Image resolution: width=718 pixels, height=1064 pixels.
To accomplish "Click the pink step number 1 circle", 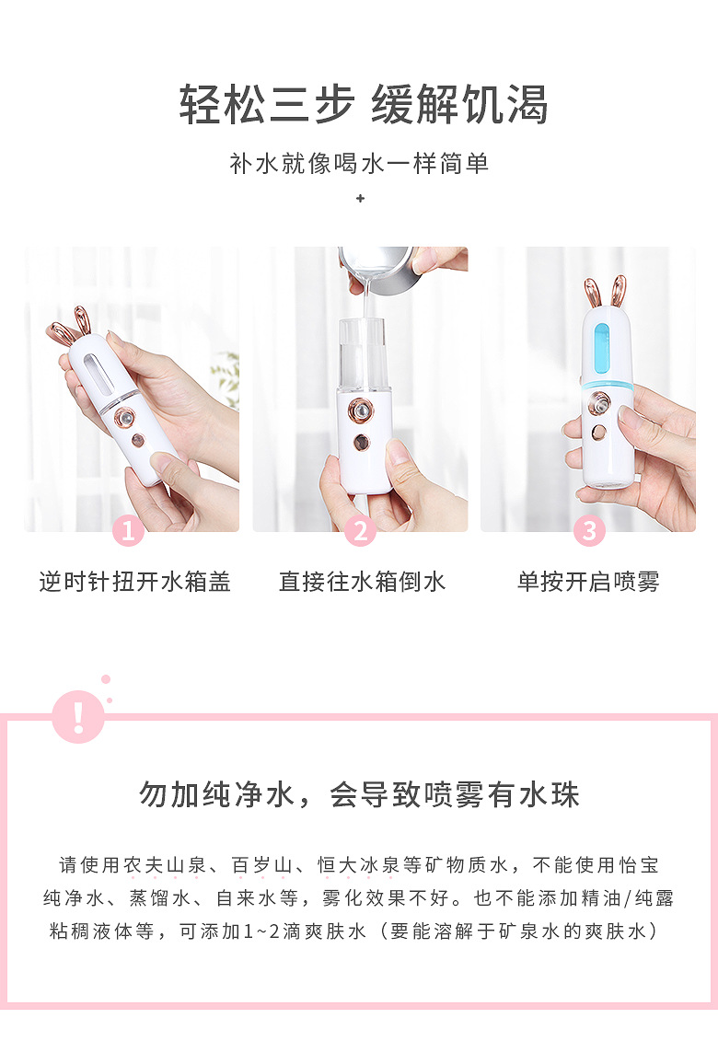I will (128, 531).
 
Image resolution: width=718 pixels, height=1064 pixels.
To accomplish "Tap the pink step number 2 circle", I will (360, 531).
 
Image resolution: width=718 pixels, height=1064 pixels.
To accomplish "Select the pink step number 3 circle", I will (588, 531).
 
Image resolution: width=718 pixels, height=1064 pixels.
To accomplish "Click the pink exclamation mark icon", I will (78, 716).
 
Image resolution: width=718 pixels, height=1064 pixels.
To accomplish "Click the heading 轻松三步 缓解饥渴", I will (364, 104).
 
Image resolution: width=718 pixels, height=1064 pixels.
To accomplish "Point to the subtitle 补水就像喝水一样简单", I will (359, 164).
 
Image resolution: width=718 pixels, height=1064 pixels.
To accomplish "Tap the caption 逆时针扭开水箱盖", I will (134, 582).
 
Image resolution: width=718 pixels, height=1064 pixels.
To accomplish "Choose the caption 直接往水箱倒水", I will (362, 582).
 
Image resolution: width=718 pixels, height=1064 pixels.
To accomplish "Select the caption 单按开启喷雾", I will (588, 582).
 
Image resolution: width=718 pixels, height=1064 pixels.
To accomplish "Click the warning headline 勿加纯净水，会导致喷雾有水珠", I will (359, 794).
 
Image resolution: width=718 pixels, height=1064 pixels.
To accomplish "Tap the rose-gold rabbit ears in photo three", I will (604, 292).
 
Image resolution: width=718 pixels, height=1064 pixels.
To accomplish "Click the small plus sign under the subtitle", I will (360, 198).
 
